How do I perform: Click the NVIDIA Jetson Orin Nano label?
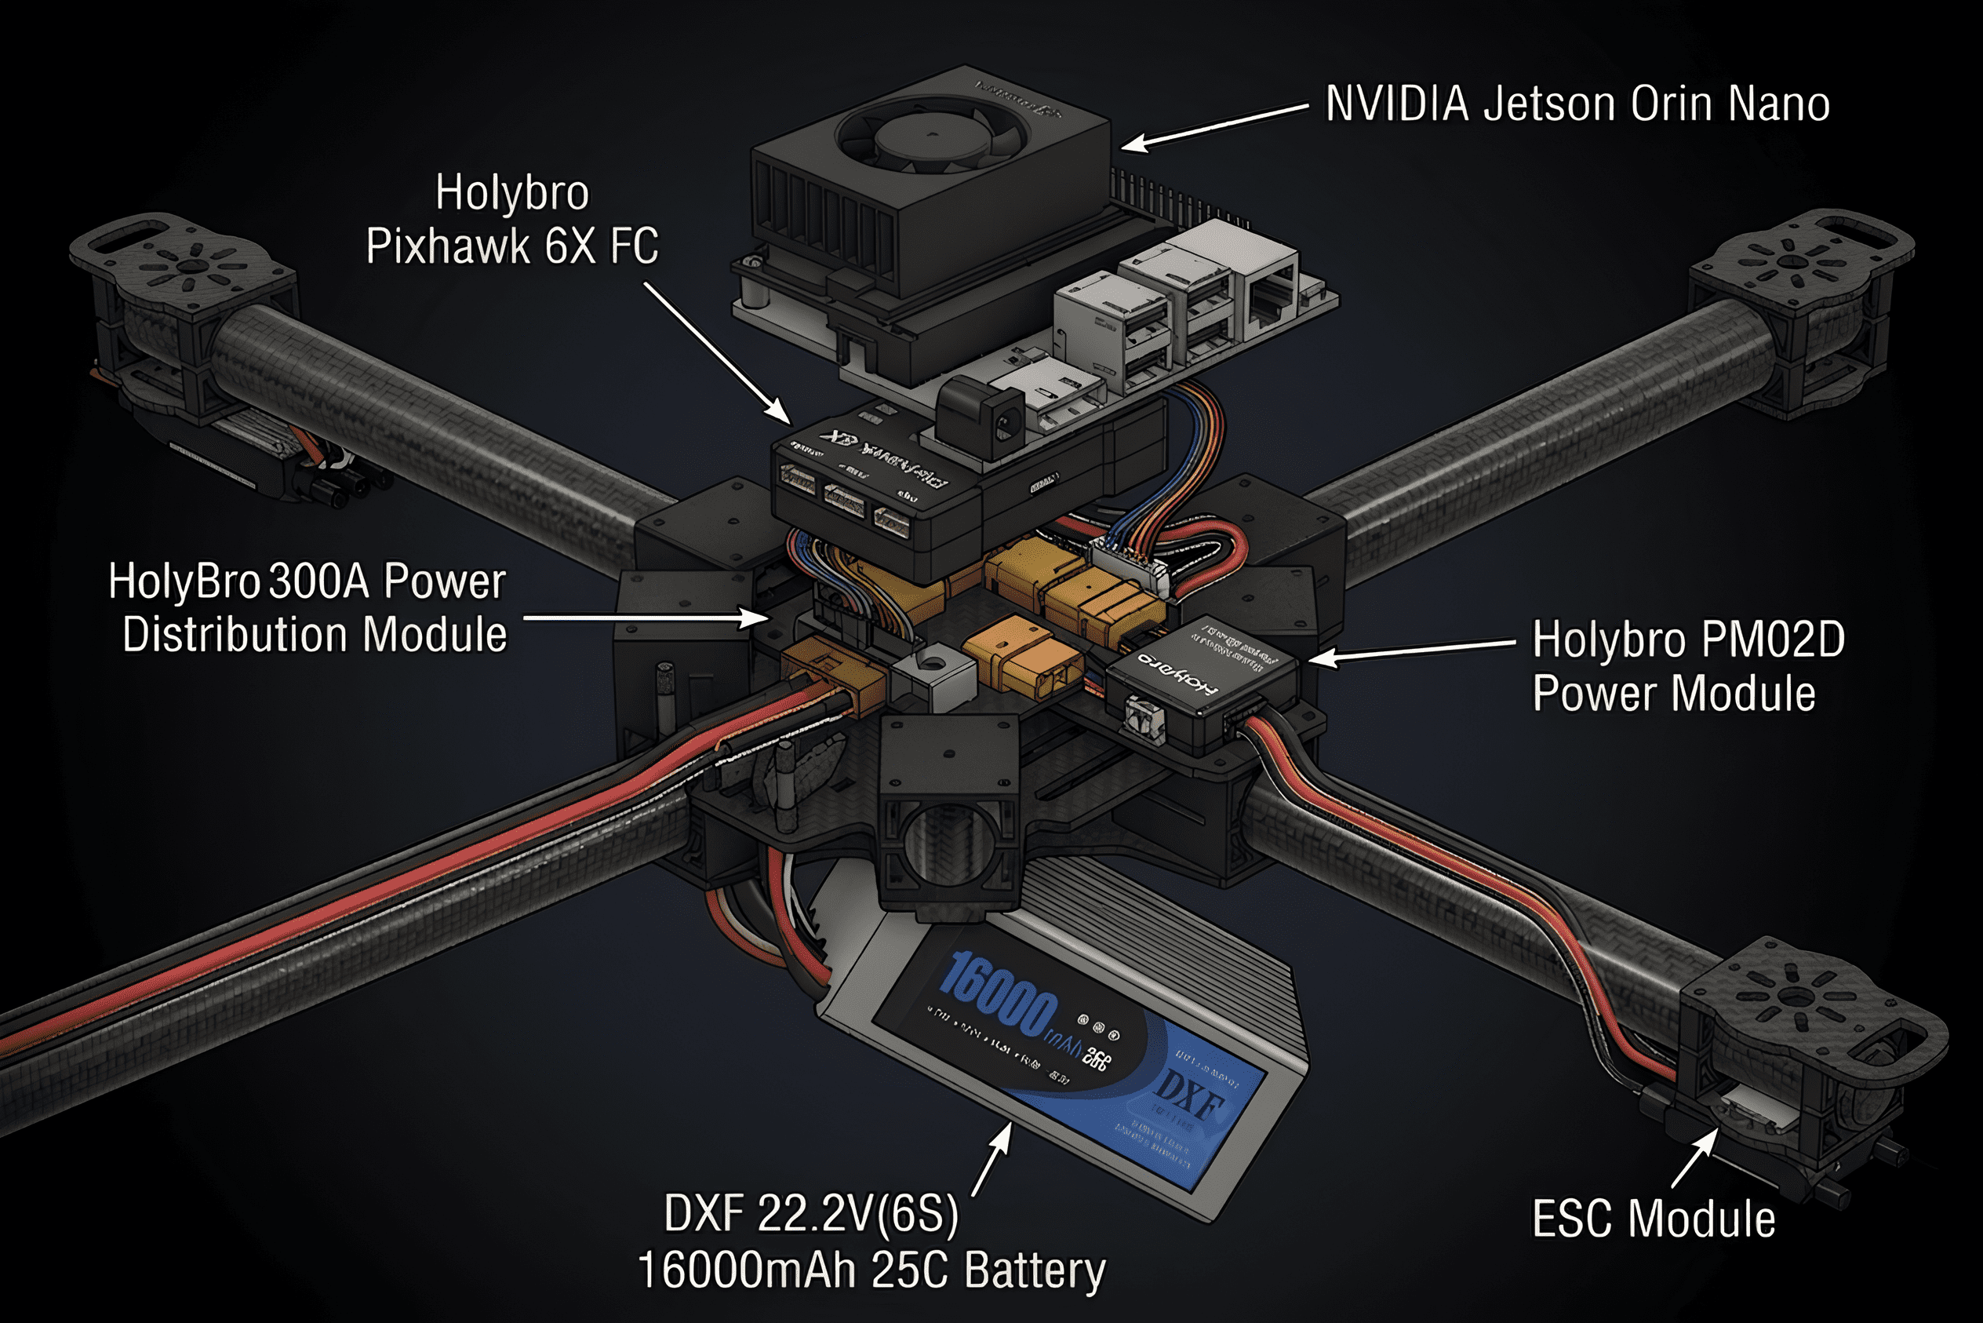[1577, 104]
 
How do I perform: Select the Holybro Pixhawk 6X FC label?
[512, 220]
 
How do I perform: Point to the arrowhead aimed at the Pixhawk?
[780, 413]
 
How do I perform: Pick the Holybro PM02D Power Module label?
[1687, 666]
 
